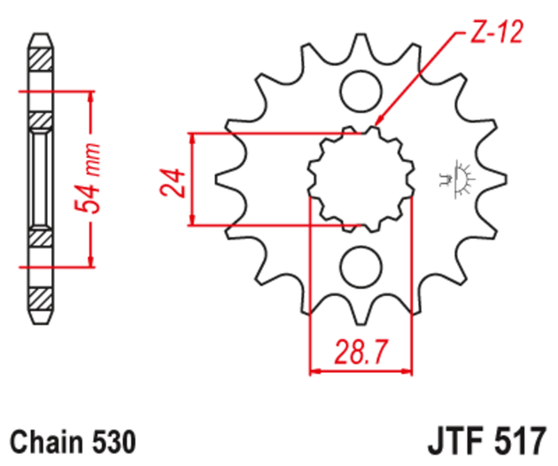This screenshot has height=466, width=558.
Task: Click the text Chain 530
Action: coord(74,440)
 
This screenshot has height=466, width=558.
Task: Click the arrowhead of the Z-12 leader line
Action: coord(377,123)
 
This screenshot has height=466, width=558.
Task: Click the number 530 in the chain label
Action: coord(112,440)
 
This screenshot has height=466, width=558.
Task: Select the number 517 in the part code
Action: coord(523,440)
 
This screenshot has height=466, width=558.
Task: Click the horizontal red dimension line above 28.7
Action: coord(361,370)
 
